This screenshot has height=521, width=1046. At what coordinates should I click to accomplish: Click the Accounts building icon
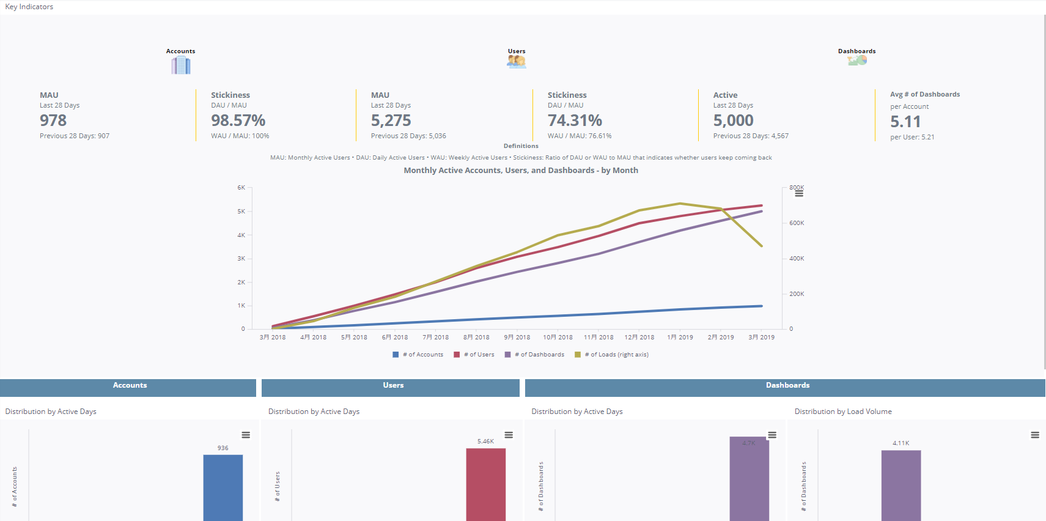click(181, 65)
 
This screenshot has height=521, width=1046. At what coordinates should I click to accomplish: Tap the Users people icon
click(516, 61)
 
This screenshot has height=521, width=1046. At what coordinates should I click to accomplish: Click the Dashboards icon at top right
click(857, 60)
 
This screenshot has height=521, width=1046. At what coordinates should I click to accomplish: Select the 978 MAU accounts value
click(53, 120)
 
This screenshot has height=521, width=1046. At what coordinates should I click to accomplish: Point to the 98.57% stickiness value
click(238, 120)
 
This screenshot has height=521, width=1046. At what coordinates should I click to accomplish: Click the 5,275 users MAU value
click(391, 120)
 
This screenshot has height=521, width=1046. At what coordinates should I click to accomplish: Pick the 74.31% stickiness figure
click(575, 120)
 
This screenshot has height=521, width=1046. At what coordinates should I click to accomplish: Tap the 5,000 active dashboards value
click(733, 120)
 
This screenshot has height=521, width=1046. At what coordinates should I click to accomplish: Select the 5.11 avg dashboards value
click(905, 122)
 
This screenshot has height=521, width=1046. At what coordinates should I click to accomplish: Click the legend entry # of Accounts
click(422, 355)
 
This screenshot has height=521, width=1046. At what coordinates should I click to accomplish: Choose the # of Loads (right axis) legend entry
click(616, 355)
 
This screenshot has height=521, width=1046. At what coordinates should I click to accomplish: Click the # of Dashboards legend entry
click(539, 355)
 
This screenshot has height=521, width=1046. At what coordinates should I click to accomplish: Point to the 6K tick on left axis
click(241, 188)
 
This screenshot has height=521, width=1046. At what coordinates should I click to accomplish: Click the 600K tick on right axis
click(796, 223)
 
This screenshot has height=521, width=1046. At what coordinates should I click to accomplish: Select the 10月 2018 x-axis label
click(558, 337)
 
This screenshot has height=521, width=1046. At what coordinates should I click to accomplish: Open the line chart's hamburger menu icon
click(799, 193)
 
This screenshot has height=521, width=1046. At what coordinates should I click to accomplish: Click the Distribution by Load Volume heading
click(842, 412)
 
